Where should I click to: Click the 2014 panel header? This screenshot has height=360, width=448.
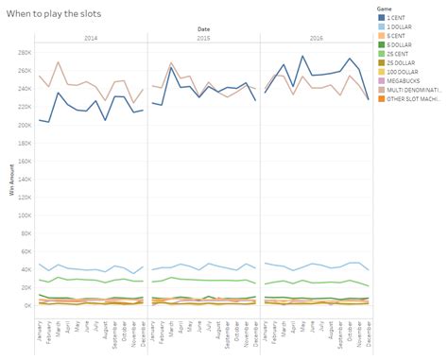[90, 40]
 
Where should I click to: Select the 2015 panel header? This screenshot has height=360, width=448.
[203, 40]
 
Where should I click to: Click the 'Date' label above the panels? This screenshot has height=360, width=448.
[203, 30]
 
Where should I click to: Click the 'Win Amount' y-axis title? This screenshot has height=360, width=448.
[13, 178]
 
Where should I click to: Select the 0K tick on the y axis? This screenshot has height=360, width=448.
[26, 305]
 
